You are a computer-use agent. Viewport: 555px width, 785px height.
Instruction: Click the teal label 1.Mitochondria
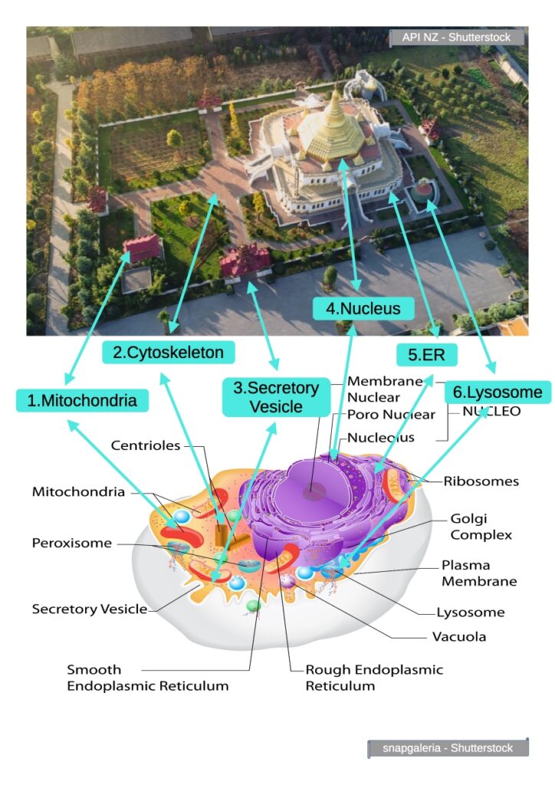(82, 399)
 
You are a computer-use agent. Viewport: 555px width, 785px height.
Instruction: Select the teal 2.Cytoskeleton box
(168, 353)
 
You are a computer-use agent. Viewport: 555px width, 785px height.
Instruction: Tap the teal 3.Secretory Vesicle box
(276, 397)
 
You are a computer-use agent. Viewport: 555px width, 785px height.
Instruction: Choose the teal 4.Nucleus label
(363, 309)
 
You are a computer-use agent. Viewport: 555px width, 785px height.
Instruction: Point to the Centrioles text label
(146, 445)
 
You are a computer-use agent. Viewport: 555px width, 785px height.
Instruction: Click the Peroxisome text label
(71, 543)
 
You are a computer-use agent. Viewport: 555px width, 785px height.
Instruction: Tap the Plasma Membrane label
(479, 573)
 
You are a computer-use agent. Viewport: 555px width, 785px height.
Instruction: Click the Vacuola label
(459, 636)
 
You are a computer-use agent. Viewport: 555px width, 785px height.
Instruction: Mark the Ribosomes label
(481, 481)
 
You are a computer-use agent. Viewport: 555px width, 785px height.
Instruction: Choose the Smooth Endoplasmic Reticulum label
(147, 678)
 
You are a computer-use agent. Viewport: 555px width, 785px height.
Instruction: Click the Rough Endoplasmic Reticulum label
(374, 678)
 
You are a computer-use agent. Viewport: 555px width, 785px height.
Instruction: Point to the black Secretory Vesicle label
(89, 609)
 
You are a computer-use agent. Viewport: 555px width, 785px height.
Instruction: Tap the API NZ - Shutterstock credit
(457, 37)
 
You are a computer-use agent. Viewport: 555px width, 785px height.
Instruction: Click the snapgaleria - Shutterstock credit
(448, 748)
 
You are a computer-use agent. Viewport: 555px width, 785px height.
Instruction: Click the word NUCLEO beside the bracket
(491, 412)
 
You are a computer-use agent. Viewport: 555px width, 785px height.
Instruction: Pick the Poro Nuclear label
(391, 415)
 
